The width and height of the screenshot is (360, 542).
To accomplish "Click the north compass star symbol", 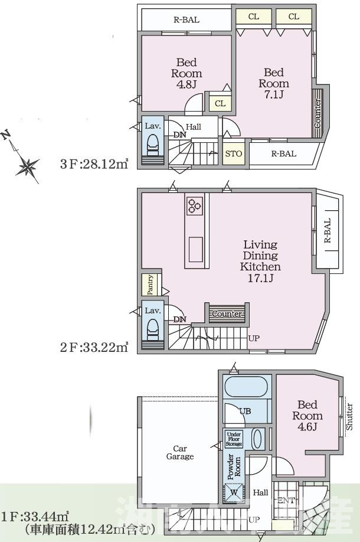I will pos(27,166).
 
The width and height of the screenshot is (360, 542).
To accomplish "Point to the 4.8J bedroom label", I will pos(186,73).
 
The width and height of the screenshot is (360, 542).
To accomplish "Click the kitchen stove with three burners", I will pos(195,205).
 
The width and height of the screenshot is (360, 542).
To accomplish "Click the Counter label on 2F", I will pos(226,314).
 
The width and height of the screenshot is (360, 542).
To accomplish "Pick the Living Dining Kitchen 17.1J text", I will pos(260,261).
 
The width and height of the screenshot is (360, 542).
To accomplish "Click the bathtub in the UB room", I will pos(247,389).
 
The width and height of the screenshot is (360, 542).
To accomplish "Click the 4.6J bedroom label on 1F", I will pos(307,415).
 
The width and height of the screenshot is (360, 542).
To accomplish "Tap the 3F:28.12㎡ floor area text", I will pos(94,162).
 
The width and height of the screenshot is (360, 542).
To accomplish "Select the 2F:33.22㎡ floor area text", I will pos(94,347).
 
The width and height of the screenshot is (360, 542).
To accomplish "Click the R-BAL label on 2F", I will pos(328,232).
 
